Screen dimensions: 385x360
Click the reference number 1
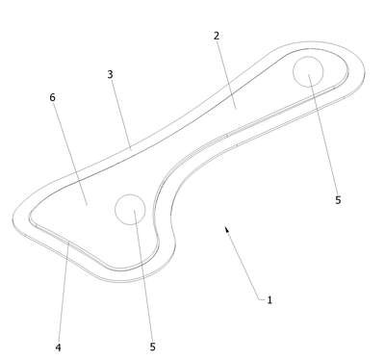(269, 300)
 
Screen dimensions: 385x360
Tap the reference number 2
(217, 36)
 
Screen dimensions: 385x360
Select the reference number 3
(110, 74)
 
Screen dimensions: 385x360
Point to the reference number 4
(58, 347)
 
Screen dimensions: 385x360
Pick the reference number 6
(52, 97)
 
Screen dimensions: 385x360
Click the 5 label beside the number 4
(152, 347)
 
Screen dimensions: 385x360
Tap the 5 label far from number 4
(338, 200)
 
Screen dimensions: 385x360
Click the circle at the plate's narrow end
(308, 57)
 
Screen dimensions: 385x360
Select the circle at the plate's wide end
(130, 194)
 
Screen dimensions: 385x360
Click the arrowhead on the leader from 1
(226, 229)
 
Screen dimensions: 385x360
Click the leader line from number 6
(70, 152)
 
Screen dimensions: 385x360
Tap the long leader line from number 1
(243, 263)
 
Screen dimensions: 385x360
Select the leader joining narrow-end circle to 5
(323, 135)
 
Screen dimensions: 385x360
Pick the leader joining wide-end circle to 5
(142, 276)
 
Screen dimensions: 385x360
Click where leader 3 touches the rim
(131, 149)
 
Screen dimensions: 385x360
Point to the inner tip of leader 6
(88, 204)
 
